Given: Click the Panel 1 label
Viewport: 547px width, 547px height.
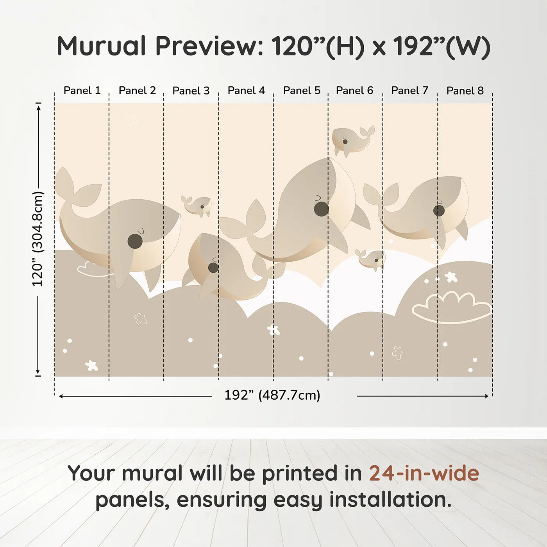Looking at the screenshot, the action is (82, 91).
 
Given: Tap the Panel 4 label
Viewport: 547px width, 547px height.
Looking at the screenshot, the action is (246, 91).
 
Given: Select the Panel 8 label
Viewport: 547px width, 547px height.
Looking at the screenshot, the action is (465, 91).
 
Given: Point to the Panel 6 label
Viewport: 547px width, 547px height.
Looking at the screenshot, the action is (354, 91).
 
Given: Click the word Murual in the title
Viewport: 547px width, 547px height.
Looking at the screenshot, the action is (102, 46).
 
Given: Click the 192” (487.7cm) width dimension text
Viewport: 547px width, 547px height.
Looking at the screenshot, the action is (272, 395).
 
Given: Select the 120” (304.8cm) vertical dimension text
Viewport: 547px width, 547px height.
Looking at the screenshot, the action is (38, 239).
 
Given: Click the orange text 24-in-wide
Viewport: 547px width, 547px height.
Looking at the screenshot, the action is (424, 473).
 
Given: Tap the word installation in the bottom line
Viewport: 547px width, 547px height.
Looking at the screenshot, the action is (390, 500).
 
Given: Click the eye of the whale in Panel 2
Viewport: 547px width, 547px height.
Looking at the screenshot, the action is (135, 241).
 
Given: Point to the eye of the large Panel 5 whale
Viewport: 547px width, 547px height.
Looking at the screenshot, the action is (321, 209).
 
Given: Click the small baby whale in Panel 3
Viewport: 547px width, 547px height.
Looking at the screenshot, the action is (197, 206).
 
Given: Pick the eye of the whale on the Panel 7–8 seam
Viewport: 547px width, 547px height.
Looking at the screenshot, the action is (439, 211).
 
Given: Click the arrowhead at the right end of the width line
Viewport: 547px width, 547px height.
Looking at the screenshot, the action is (486, 396).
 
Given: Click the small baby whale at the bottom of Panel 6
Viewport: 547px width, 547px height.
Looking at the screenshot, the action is (370, 259).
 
